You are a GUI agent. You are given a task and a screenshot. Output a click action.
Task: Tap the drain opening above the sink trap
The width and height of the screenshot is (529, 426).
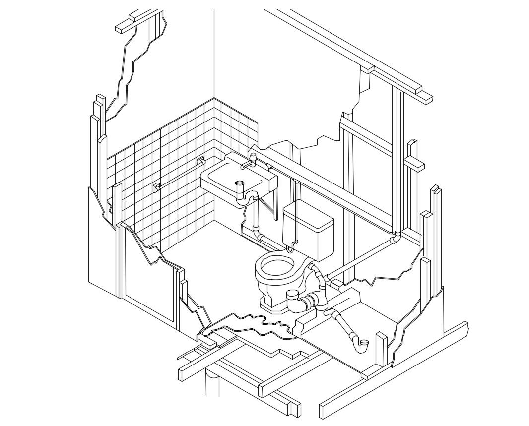click(x=240, y=183)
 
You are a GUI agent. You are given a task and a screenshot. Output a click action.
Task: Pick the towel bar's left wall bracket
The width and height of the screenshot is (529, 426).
click(x=156, y=187)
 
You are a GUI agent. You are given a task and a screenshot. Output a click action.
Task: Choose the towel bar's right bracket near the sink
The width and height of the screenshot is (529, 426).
click(x=201, y=161)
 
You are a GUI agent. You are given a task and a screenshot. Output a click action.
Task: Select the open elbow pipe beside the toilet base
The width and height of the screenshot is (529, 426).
click(x=294, y=300)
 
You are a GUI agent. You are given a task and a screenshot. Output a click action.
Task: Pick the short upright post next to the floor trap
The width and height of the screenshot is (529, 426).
click(x=381, y=349)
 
